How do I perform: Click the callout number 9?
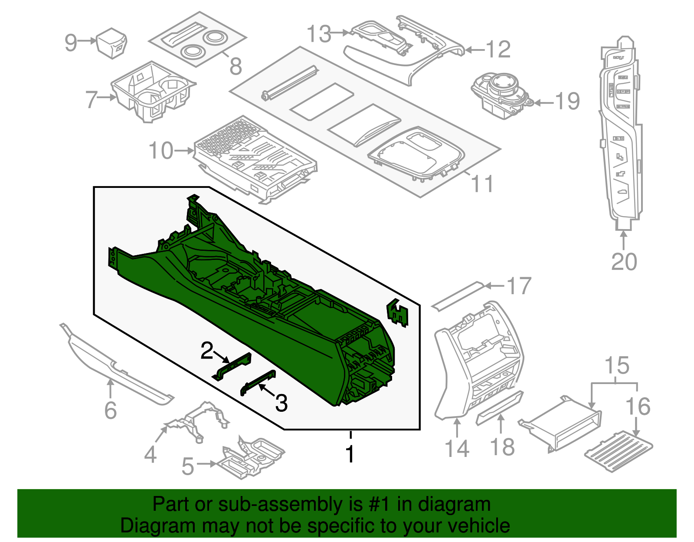tap(71, 43)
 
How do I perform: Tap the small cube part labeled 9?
tap(112, 43)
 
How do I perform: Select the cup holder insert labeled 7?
tap(153, 92)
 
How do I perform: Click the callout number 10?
tap(160, 151)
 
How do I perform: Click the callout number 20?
tap(624, 262)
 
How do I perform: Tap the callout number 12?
tap(498, 49)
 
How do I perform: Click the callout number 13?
tap(319, 34)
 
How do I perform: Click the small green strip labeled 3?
tap(259, 382)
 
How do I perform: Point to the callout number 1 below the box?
tap(350, 454)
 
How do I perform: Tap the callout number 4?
tap(150, 455)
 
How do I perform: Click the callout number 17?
tap(519, 286)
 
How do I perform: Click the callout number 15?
tap(617, 365)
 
